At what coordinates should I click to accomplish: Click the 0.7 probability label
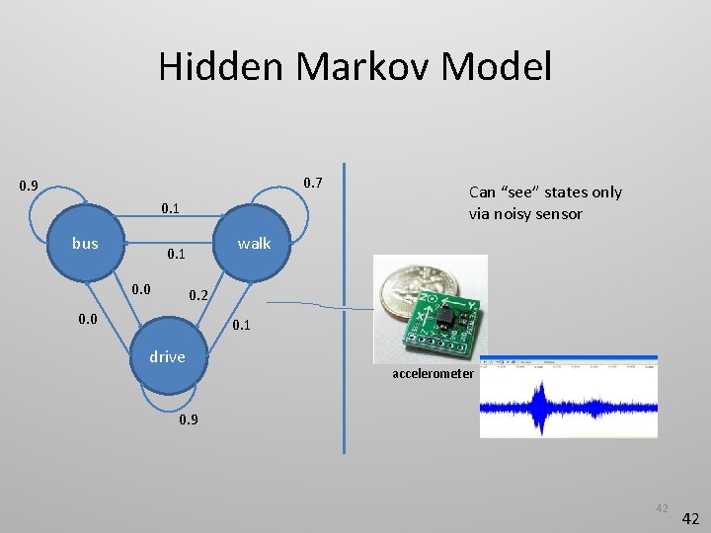(x=312, y=183)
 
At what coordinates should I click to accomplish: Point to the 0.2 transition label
(x=198, y=295)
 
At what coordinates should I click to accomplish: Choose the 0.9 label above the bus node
(x=29, y=186)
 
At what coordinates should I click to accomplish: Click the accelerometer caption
(x=434, y=374)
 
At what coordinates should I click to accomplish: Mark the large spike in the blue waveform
(x=539, y=405)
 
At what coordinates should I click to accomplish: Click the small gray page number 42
(x=661, y=508)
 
